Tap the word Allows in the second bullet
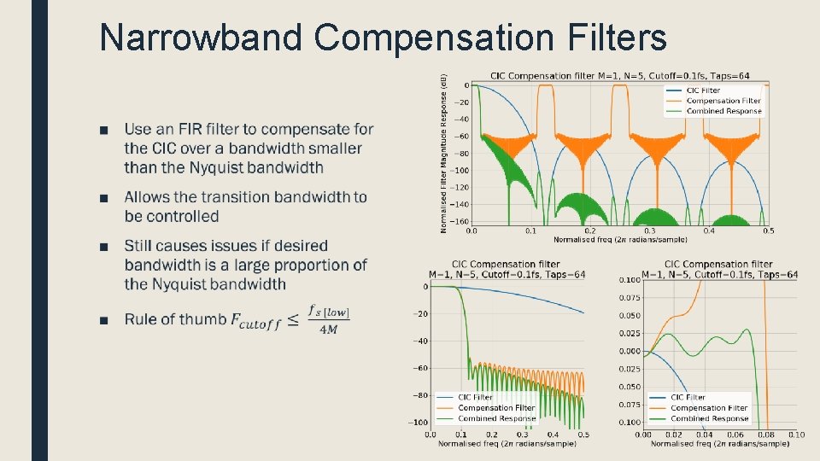(149, 197)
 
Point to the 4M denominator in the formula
(329, 330)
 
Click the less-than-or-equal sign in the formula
(293, 320)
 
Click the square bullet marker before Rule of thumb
(103, 321)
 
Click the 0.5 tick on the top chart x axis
(768, 230)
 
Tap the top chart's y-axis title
(443, 154)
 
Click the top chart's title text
(619, 76)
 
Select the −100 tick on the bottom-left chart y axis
(418, 423)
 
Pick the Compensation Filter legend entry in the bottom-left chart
(496, 408)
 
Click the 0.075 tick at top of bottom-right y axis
(629, 298)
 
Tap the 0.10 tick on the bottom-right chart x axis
(795, 435)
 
